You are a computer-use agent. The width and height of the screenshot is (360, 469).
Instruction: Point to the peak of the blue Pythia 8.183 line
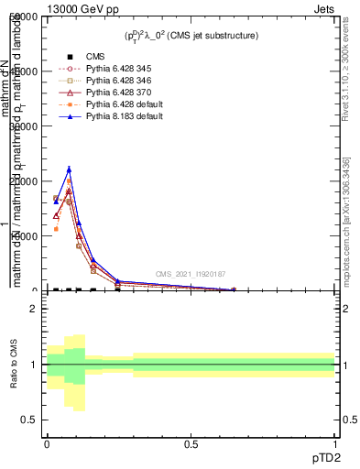pyautogui.click(x=69, y=169)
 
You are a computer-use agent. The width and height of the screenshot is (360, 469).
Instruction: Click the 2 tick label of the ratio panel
pyautogui.click(x=33, y=309)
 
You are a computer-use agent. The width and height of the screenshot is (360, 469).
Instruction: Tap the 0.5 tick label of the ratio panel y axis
pyautogui.click(x=28, y=420)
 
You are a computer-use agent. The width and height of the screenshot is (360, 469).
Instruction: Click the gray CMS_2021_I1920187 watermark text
pyautogui.click(x=191, y=274)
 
